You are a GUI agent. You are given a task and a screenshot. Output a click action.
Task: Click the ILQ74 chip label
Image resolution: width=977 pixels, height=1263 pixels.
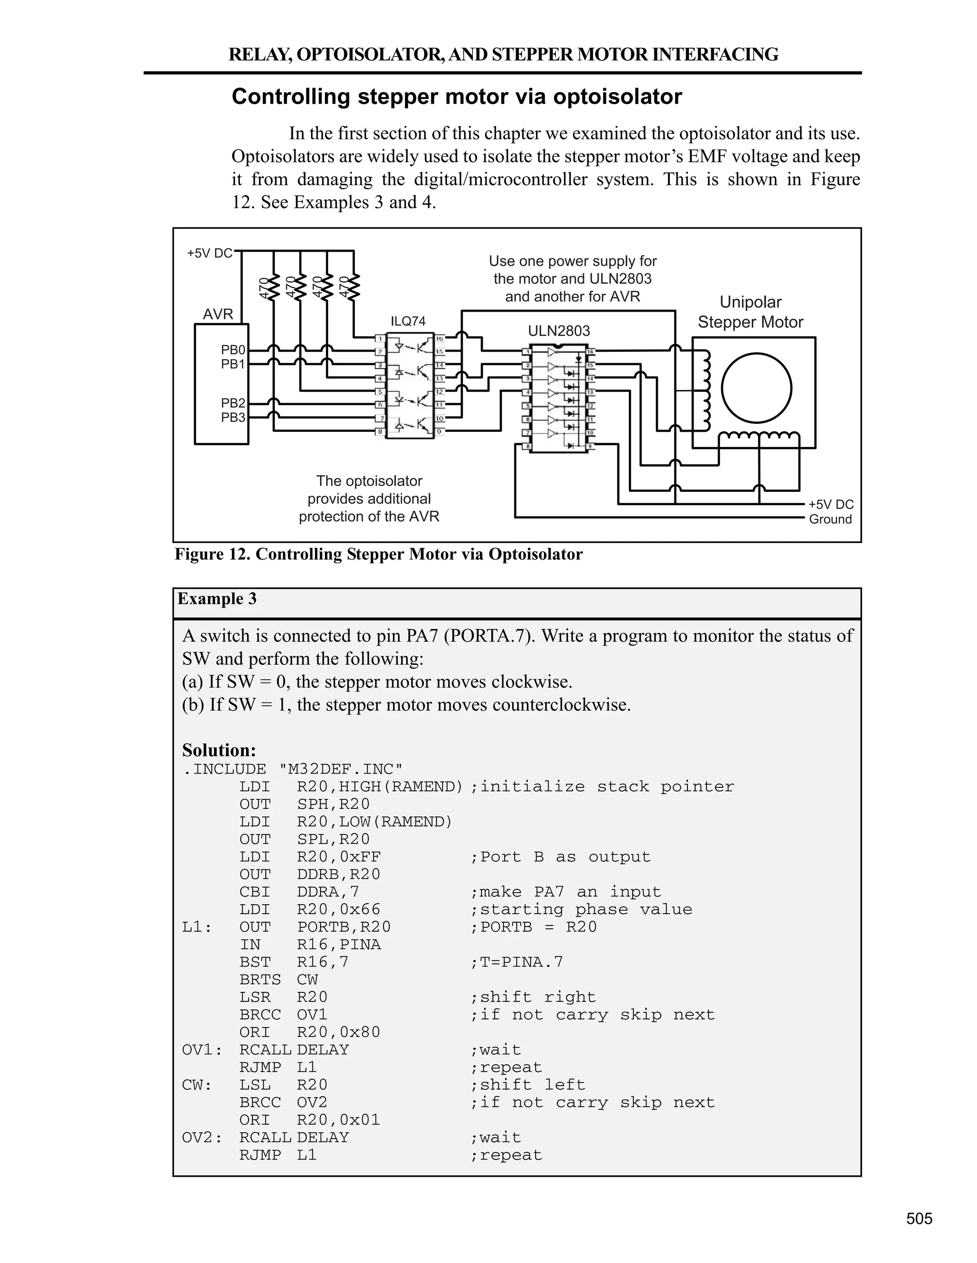408,321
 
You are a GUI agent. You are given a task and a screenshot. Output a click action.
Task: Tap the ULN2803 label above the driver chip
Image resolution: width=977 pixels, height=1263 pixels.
559,331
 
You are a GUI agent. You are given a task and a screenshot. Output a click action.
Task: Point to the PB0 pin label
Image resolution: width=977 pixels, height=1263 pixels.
233,350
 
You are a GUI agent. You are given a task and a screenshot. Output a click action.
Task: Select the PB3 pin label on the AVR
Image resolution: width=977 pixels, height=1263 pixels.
233,418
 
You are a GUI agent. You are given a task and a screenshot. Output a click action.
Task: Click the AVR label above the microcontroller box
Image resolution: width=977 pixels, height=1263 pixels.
218,314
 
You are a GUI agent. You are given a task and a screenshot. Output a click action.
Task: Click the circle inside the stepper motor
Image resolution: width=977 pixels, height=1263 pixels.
757,388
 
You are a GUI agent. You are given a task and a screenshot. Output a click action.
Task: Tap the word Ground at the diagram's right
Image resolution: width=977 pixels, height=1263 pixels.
830,519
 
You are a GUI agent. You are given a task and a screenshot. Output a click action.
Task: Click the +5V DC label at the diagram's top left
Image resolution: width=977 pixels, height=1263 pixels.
209,253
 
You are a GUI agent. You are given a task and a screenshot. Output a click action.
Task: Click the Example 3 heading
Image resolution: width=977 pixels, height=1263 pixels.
217,599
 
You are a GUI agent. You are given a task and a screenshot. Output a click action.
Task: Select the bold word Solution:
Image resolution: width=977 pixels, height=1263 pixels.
219,750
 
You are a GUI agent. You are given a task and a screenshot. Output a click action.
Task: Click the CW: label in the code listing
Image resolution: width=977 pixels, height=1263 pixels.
197,1085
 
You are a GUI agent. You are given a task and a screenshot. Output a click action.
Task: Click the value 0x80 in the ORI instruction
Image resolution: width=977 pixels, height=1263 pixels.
360,1032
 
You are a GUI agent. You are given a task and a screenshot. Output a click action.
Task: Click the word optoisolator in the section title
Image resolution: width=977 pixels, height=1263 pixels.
618,97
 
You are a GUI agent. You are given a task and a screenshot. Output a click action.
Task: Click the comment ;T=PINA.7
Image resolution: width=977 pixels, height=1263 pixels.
516,962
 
